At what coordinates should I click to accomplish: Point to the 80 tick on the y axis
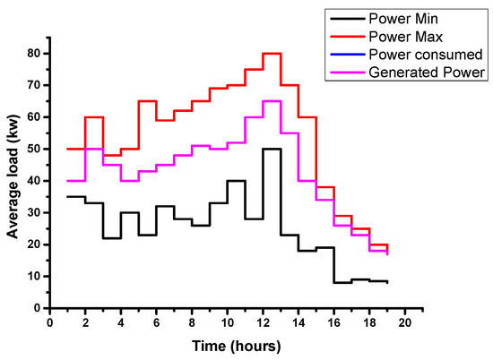pyautogui.click(x=34, y=53)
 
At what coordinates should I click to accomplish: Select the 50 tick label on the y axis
pyautogui.click(x=34, y=149)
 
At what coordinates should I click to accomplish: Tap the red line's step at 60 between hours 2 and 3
pyautogui.click(x=95, y=117)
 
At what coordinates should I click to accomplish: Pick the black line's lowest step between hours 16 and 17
pyautogui.click(x=342, y=282)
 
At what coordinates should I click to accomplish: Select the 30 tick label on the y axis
pyautogui.click(x=34, y=212)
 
